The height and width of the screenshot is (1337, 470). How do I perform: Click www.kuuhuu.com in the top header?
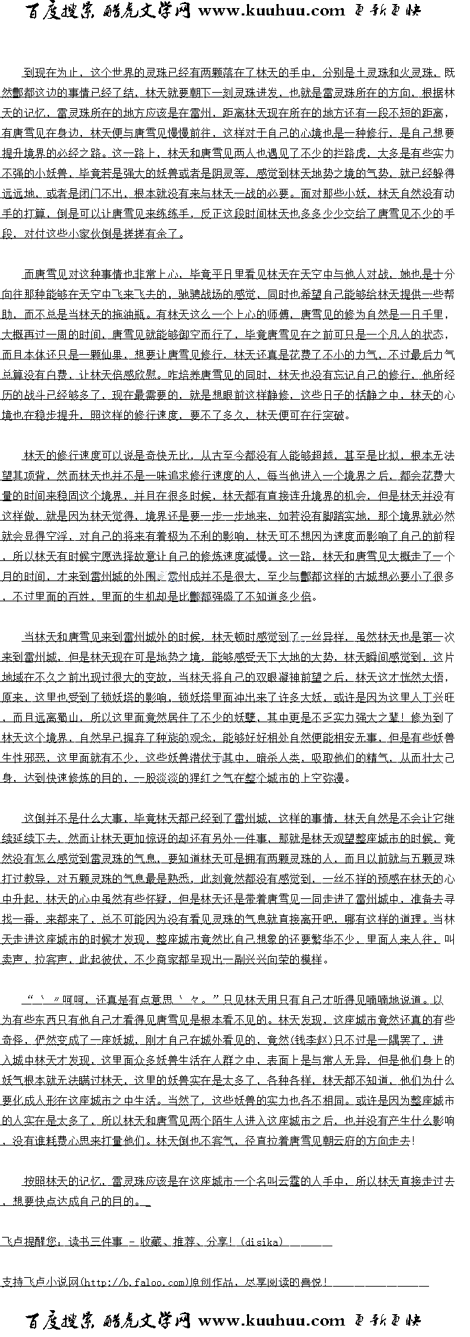[272, 10]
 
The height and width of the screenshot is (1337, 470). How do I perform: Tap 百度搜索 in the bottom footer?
[62, 1321]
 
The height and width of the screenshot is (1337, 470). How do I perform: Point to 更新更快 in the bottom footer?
[387, 1321]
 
